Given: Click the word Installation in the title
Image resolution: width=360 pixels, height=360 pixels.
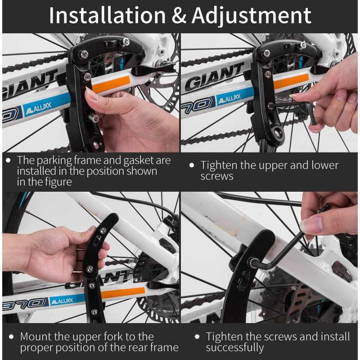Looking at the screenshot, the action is [x=107, y=15].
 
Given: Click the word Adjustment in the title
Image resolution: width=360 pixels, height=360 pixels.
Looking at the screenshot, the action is [x=252, y=16].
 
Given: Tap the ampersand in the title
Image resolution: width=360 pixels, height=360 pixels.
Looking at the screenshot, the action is [x=179, y=16].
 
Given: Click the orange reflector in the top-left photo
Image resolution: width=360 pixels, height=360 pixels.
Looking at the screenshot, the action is [x=111, y=84].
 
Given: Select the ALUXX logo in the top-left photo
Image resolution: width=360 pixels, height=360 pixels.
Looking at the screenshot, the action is [x=39, y=108].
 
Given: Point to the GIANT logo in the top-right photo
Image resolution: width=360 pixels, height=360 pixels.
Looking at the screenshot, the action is [x=214, y=77].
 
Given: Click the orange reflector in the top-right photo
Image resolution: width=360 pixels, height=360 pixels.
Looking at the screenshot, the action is [x=291, y=81].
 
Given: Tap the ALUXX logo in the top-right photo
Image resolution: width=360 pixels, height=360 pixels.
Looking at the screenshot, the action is [x=229, y=99].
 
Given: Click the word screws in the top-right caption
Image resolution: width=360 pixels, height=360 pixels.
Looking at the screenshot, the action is [x=217, y=176].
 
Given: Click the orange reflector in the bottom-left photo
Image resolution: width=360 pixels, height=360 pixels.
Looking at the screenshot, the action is [x=123, y=293].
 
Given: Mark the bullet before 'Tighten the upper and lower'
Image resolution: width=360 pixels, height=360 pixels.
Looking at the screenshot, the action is [x=192, y=165].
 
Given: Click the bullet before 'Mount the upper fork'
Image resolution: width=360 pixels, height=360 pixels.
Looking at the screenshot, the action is [x=11, y=337].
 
